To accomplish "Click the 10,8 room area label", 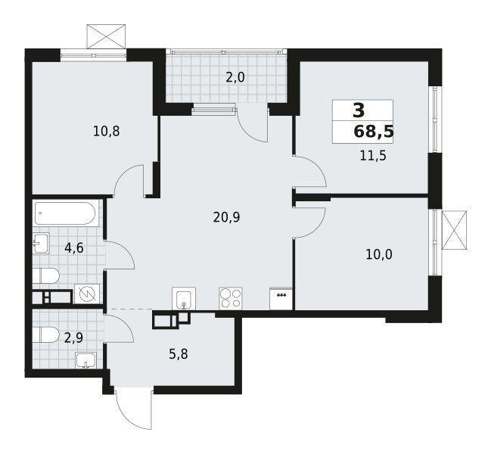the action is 107,132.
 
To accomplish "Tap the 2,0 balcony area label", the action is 235,77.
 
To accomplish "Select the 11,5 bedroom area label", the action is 373,155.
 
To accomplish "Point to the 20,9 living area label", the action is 226,217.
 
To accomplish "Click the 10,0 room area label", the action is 379,255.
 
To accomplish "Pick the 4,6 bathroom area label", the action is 74,248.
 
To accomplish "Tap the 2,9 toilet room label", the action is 74,338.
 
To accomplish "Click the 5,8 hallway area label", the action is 179,355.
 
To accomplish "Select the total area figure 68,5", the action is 374,132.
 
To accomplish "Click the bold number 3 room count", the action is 359,110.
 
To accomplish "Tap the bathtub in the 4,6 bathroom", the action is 65,213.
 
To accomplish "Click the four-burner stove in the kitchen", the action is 231,299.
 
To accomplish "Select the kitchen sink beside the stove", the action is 184,299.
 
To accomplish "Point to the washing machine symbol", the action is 87,294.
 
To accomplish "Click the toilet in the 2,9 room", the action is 45,335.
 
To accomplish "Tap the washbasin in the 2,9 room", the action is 86,360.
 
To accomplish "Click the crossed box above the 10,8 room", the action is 106,36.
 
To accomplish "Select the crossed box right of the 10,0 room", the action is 454,230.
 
